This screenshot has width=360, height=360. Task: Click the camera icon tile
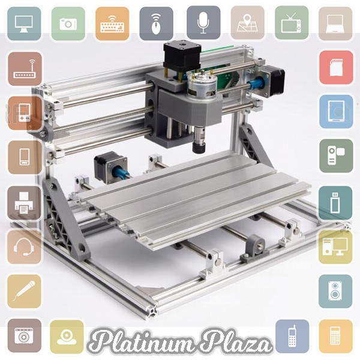[68, 23]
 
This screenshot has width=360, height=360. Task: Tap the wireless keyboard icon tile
[112, 23]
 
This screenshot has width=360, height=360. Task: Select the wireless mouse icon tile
[156, 23]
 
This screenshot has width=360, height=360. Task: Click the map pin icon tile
[247, 23]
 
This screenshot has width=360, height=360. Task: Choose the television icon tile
[292, 23]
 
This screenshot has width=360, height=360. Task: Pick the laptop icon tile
[335, 23]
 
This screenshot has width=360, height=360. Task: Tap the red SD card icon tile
[336, 67]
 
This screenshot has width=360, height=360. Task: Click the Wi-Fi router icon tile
[25, 69]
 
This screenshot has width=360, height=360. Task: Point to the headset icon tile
[24, 247]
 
